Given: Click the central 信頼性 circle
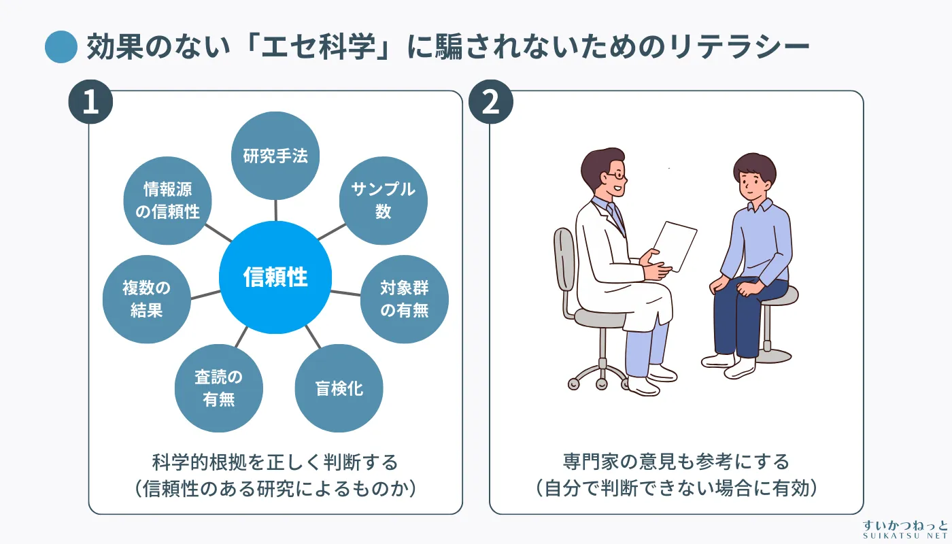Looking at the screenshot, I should tap(275, 277).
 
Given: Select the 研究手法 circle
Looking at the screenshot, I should tap(275, 156).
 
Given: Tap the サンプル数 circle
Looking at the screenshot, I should tap(383, 201).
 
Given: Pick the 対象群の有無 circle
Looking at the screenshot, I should tap(404, 299).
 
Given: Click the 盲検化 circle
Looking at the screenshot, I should tap(339, 389).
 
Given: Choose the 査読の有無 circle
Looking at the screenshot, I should tap(219, 388).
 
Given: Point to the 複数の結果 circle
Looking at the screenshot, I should tap(146, 299).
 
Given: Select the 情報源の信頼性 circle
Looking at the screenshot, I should tap(167, 201).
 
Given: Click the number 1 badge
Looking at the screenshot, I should tap(90, 102).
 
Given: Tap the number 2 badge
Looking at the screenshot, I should tap(491, 102).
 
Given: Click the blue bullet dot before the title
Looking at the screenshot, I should tap(61, 47).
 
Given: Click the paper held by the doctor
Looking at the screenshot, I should tap(673, 245).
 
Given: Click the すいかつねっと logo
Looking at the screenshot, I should tap(904, 529).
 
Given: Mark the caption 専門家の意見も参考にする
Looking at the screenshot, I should tap(676, 462).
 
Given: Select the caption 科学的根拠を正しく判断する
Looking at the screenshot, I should tap(275, 462).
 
